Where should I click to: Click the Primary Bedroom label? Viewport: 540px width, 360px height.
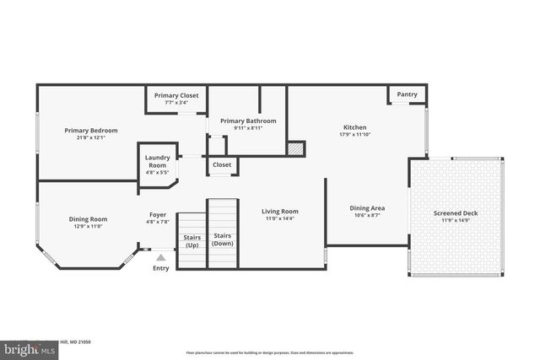pos(91,131)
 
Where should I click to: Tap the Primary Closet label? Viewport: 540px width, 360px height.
pos(176,95)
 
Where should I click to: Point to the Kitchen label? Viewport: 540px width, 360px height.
pos(354,127)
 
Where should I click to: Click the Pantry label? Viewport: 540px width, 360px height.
pos(407,95)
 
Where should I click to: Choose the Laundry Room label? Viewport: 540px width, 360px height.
pos(158,161)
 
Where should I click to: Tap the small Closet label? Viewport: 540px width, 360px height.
pos(223,164)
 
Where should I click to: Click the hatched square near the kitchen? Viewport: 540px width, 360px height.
pos(294,148)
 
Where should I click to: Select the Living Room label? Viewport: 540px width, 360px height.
pos(279,212)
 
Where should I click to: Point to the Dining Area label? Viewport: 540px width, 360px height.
pos(368,207)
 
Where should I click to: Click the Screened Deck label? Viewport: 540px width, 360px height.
pos(456,213)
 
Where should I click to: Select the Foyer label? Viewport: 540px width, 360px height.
pos(158,214)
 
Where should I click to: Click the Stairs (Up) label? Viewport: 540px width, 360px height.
pos(192,240)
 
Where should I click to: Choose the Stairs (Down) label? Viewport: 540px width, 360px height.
pos(223,239)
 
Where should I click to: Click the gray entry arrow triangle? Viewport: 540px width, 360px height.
pos(160,257)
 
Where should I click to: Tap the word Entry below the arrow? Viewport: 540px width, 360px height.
pos(160,268)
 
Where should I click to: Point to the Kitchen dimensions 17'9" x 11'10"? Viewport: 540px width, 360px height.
pos(354,135)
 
